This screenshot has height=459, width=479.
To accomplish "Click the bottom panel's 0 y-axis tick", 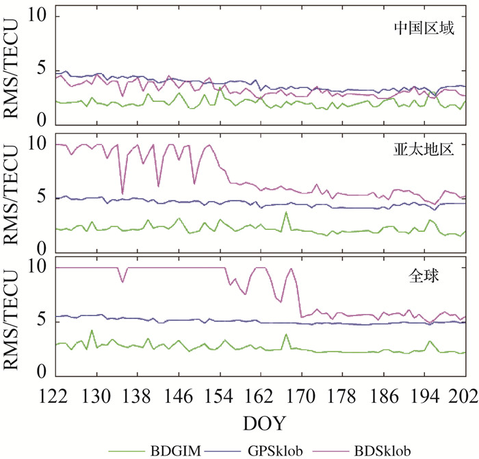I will pyautogui.click(x=42, y=372).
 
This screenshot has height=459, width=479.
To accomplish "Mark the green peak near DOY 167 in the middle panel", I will pyautogui.click(x=286, y=213).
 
